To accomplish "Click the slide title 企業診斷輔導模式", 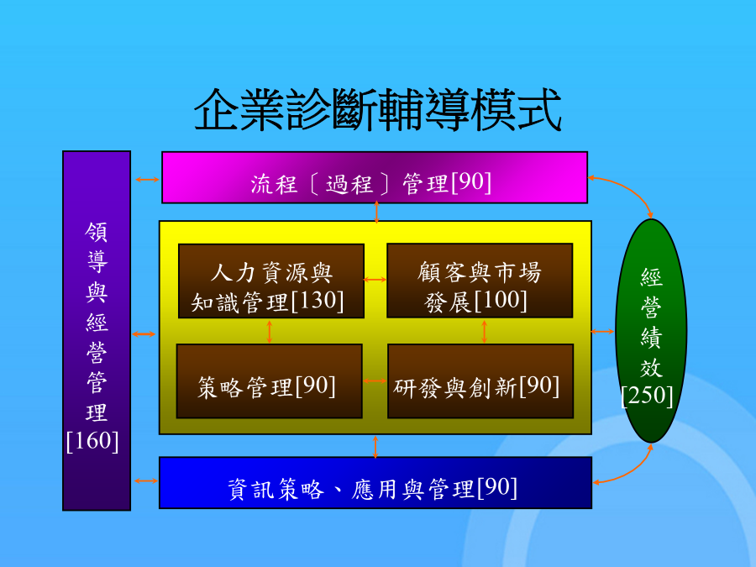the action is pos(377,110).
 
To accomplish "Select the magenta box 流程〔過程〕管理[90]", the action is pos(375,177).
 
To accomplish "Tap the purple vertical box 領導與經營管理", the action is pos(97,331).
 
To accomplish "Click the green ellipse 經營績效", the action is pos(651,331).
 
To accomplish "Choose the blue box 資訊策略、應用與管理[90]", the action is pos(375,483).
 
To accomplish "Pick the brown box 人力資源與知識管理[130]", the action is pos(271,281).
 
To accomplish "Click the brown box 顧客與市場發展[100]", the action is pos(480,281).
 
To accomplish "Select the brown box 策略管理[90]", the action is pos(269,381).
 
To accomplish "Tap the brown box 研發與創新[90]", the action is pos(480,381).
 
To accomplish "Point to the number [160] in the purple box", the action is pos(92,441).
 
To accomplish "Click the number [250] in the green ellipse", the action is pos(647,396).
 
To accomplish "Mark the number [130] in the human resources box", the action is pos(318,301).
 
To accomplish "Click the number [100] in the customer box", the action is pos(501,300).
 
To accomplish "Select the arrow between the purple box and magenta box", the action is pos(147,180).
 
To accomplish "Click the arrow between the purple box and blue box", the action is pos(146,480).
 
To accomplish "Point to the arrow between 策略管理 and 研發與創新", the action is pos(375,381).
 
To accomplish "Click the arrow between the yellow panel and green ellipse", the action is pos(602,331).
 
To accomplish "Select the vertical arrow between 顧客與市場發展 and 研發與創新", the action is pos(484,332).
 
